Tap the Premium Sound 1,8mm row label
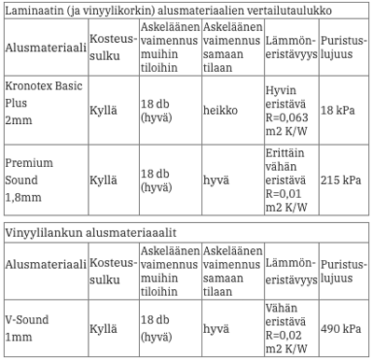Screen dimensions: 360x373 32,181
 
